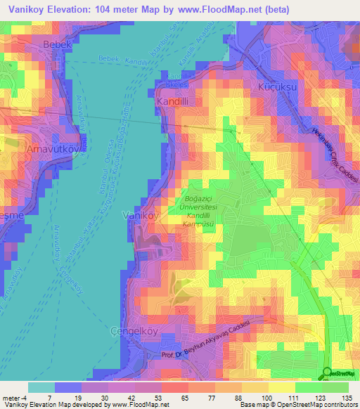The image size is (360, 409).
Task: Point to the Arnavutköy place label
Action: coord(35,152)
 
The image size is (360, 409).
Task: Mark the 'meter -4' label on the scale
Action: coord(15,398)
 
